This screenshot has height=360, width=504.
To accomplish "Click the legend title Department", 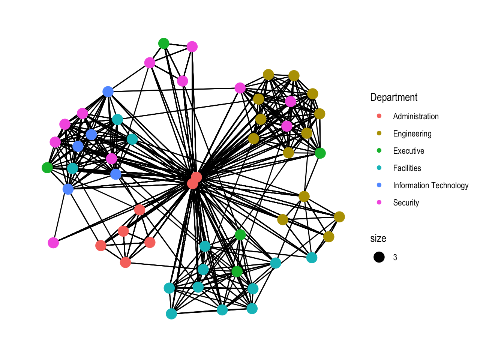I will coord(393,97).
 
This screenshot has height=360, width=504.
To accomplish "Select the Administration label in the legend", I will coord(415,117).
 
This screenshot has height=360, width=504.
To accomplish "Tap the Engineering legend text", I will coord(412,134).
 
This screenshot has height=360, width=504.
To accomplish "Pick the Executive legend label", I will coord(408,151).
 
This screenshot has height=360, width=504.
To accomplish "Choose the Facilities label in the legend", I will coord(407,168).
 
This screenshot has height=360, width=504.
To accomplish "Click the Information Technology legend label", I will coord(430,186).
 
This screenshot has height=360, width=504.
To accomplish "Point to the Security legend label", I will coord(406,203).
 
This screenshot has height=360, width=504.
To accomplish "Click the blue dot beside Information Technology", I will coord(379,185).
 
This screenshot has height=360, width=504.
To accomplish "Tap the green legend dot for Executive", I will coord(379,151).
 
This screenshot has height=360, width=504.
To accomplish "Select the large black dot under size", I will coord(379,257).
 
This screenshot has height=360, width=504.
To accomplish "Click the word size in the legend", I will coord(378,238).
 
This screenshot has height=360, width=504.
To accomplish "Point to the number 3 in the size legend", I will coord(395,258).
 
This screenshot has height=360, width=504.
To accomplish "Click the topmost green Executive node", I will coord(163,43).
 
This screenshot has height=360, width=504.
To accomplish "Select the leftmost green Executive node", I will coord(47,168).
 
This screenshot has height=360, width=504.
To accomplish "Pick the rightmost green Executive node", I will coord(320,153).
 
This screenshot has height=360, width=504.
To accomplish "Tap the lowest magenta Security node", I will coord(54,243).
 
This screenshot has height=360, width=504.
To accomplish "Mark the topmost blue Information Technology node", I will coord(108,91).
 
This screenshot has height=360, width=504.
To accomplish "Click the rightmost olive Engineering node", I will coord(339,217).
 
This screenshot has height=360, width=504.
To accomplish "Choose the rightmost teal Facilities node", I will coord(312,258).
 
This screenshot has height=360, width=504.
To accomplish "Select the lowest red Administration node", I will coord(126,262).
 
